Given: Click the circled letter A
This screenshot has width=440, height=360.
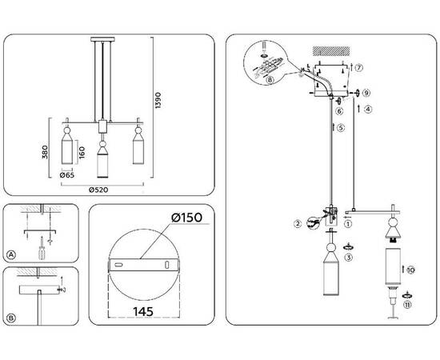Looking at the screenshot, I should (x=11, y=255).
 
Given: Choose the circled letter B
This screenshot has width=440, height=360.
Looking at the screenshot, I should (x=11, y=318).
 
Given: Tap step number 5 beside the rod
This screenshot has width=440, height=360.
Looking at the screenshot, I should (x=340, y=128).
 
